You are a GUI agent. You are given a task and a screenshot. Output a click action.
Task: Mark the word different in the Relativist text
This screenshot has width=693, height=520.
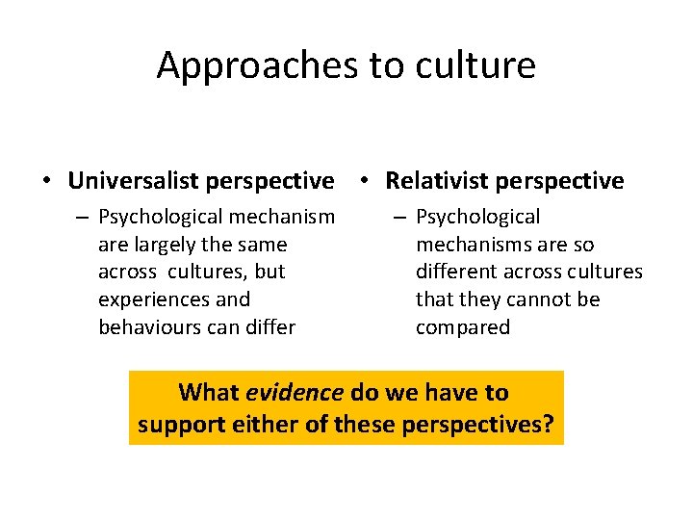[456, 273]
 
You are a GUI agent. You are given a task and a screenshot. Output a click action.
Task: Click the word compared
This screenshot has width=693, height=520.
[462, 327]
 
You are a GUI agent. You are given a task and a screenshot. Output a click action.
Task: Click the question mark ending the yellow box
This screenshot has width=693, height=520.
[549, 424]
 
